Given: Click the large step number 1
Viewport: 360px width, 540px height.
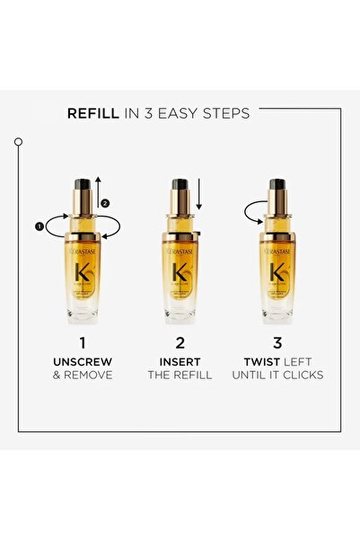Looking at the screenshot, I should tap(82, 342).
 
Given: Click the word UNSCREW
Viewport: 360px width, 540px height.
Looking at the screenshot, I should tap(82, 361).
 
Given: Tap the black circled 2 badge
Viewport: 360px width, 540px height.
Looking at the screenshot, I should tap(105, 202).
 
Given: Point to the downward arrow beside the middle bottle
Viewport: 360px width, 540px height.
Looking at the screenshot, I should tap(201, 197).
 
